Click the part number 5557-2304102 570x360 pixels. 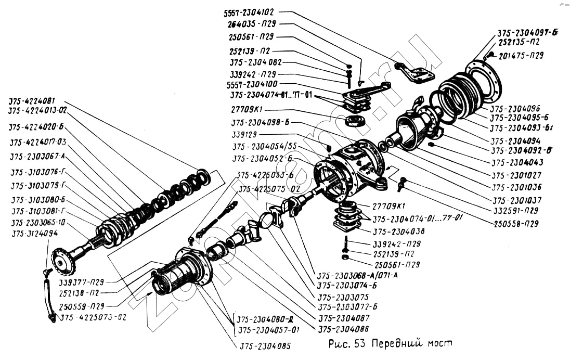pyautogui.click(x=250, y=11)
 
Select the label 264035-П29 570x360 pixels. pyautogui.click(x=252, y=24)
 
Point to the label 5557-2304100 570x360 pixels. pyautogui.click(x=252, y=84)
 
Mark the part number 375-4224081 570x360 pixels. pyautogui.click(x=35, y=100)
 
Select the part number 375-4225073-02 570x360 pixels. pyautogui.click(x=93, y=317)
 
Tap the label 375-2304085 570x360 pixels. pyautogui.click(x=265, y=345)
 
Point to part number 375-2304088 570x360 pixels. pyautogui.click(x=344, y=329)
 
